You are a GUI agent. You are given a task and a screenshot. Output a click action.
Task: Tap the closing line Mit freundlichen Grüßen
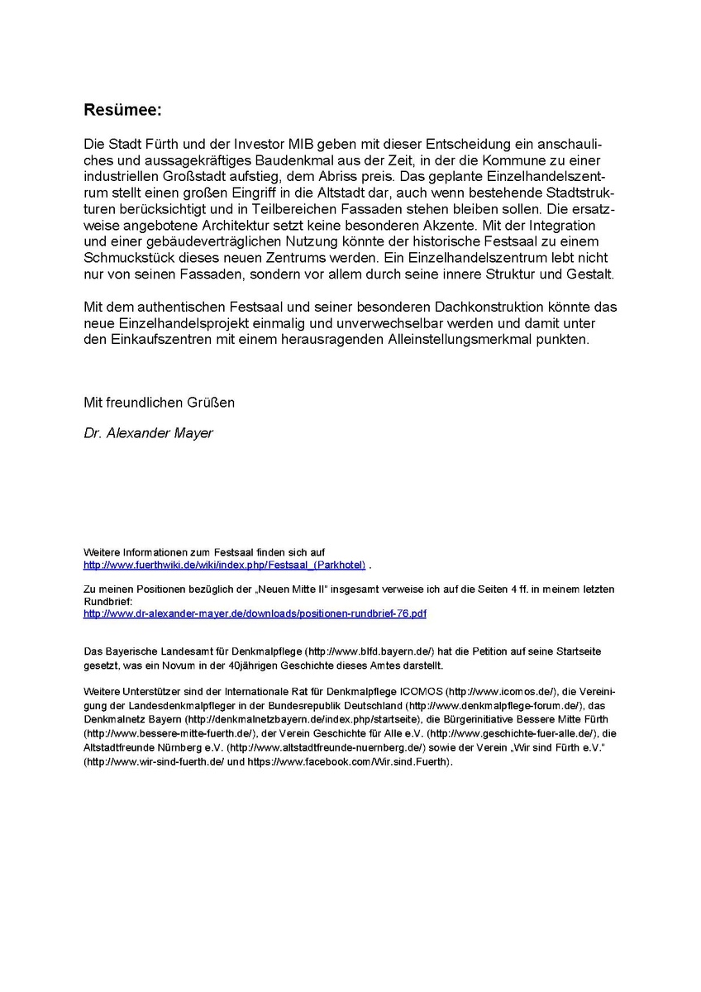click(159, 403)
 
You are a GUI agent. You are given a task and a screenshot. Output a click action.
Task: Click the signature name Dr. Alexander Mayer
click(148, 433)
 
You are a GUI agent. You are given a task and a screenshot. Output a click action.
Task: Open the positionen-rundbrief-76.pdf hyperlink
click(255, 613)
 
